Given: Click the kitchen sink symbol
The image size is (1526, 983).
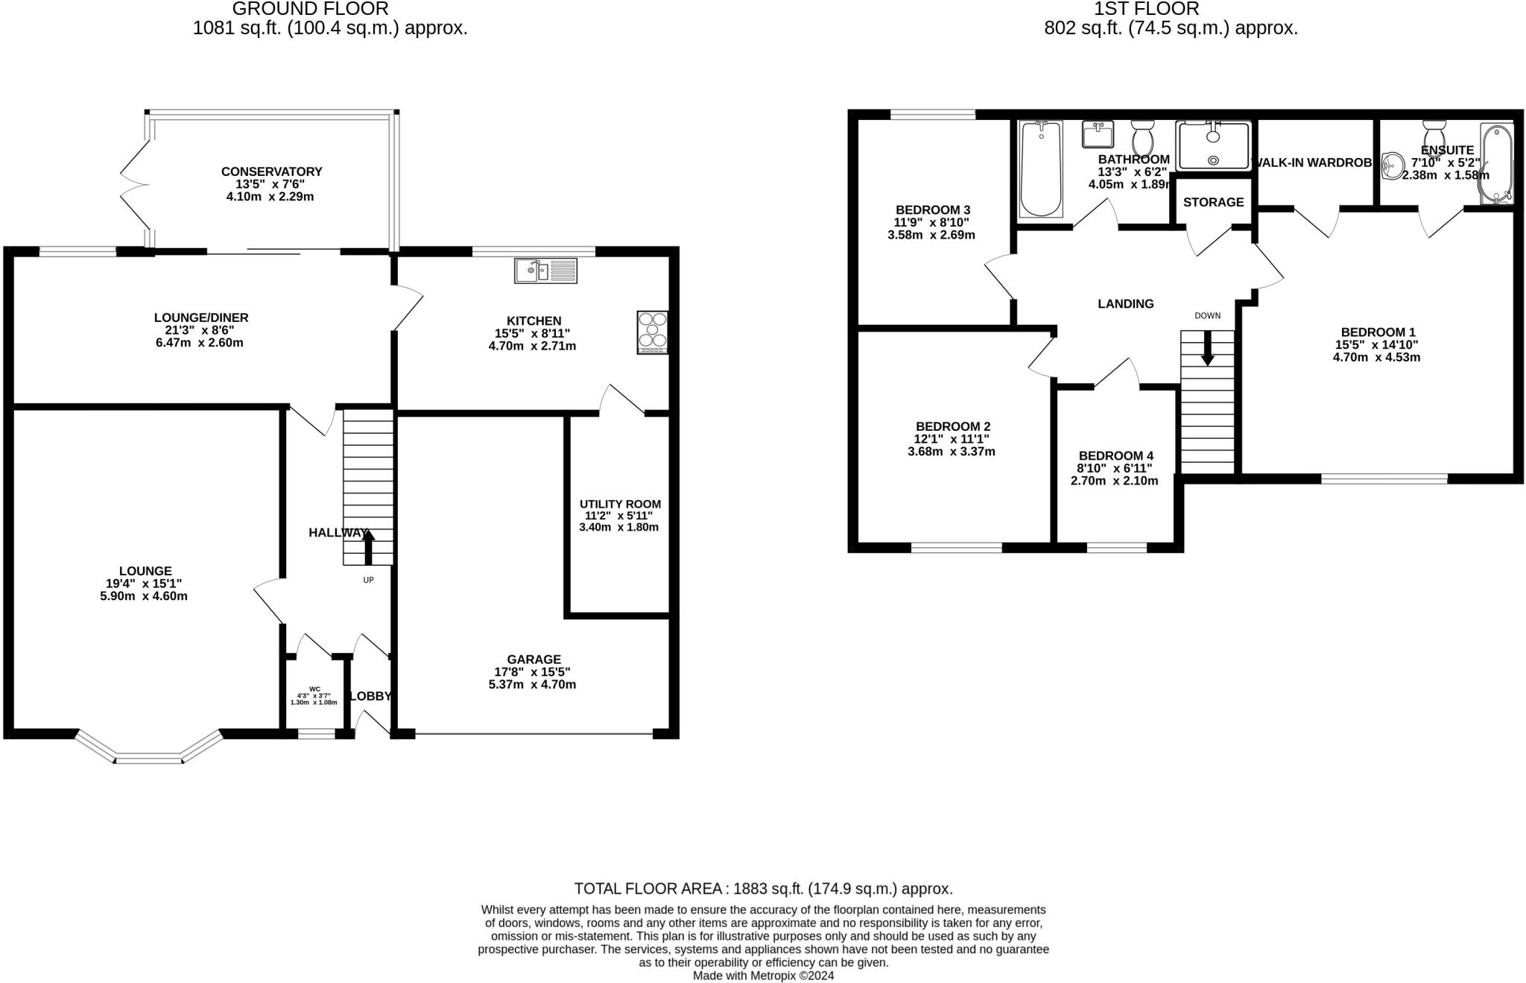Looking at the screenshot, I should coord(545,270).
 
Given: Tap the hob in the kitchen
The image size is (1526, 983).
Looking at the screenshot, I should coord(653,332).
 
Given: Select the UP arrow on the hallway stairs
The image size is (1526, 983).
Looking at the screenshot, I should coord(368,546).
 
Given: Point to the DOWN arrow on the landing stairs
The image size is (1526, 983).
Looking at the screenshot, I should coord(1207,347).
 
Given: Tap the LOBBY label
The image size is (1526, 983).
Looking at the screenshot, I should coord(370,696).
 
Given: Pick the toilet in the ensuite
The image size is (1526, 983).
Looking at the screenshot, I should coord(1434,137).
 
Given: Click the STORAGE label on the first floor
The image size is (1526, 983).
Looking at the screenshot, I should coord(1213,202).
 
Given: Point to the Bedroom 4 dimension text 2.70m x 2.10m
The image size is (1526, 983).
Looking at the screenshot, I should coord(1114,481).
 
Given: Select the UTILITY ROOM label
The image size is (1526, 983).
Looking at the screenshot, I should coord(620,504).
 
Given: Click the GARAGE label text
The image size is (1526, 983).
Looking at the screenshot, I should coord(534,659).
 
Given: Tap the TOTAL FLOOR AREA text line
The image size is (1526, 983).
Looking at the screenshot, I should coord(763,888).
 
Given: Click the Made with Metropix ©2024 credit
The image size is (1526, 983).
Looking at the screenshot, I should coord(763,976).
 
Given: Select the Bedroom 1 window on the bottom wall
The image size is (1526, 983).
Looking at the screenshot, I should coord(1384,478).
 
